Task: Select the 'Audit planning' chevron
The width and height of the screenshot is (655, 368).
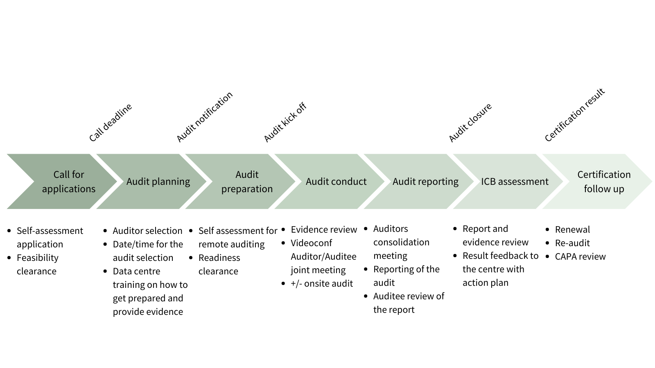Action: click(158, 182)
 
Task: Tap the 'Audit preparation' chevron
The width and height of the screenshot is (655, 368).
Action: click(247, 182)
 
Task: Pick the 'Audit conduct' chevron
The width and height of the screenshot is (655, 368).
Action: click(336, 182)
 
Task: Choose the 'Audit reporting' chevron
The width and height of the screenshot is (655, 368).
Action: click(425, 182)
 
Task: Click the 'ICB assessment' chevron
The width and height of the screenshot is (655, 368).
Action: click(515, 182)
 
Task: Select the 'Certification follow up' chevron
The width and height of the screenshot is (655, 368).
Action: click(604, 182)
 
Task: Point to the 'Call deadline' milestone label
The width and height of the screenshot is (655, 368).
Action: click(111, 123)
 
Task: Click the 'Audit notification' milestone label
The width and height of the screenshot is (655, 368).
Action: click(204, 117)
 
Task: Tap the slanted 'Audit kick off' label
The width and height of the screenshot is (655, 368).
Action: click(285, 123)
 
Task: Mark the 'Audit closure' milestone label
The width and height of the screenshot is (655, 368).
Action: click(470, 123)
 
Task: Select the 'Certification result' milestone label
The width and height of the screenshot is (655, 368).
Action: click(574, 115)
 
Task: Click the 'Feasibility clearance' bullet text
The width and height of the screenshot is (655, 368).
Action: click(37, 265)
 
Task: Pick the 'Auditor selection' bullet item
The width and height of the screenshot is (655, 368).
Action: click(147, 231)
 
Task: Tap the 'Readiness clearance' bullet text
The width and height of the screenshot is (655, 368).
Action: click(219, 265)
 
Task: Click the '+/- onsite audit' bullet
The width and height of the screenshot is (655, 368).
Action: click(322, 283)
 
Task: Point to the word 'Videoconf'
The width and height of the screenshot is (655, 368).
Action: click(312, 243)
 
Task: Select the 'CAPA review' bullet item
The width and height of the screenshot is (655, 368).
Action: click(580, 256)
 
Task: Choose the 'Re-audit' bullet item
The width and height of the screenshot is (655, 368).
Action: click(572, 243)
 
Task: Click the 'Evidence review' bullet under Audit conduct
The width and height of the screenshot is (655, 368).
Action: click(324, 229)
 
